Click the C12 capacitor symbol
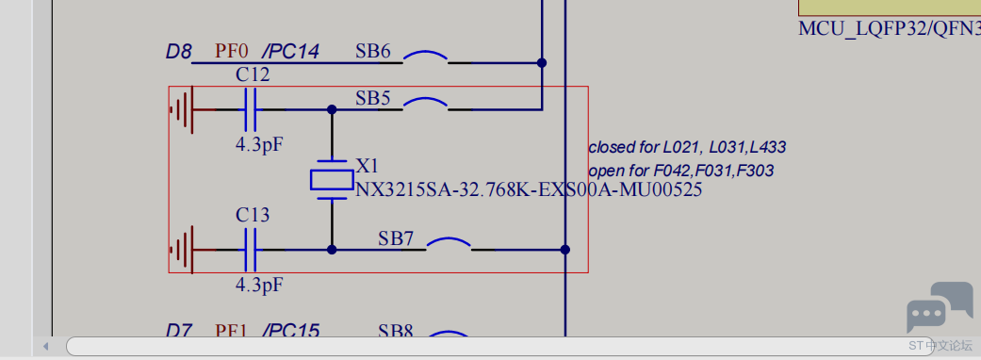tap(250, 109)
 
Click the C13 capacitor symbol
tap(250, 250)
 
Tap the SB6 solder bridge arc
tap(426, 57)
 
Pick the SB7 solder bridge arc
tap(449, 243)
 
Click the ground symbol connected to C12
tap(183, 109)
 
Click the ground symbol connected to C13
tap(183, 250)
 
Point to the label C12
tap(253, 74)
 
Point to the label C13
tap(253, 215)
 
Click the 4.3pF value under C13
tap(259, 284)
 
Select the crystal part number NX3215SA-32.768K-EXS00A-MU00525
tap(529, 189)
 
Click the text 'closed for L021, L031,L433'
tap(687, 147)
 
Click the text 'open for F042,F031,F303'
tap(681, 171)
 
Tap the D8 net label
tap(179, 51)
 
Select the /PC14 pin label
tap(290, 51)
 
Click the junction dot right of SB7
tap(564, 250)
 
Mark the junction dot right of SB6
tap(542, 63)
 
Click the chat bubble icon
tap(939, 305)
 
